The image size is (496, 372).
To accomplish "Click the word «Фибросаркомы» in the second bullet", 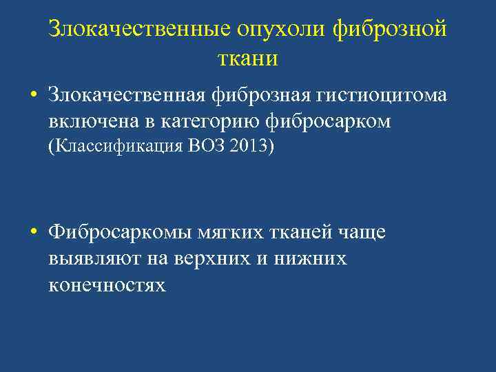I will point(116,233).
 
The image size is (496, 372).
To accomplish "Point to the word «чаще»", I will point(362,233).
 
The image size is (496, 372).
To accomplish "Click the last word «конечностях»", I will point(107,285).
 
